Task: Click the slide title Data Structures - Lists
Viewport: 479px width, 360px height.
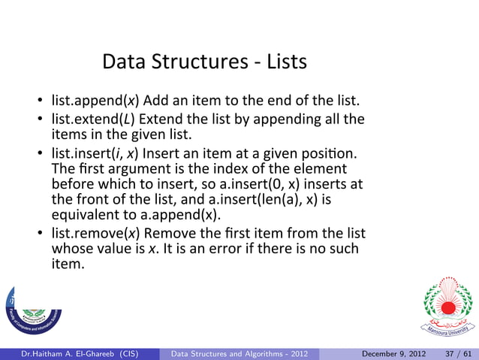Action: pyautogui.click(x=204, y=61)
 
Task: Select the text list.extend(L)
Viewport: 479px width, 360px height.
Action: pyautogui.click(x=94, y=119)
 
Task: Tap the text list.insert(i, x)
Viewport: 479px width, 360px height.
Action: pyautogui.click(x=93, y=154)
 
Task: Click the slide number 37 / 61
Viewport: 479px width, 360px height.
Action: pyautogui.click(x=454, y=353)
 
